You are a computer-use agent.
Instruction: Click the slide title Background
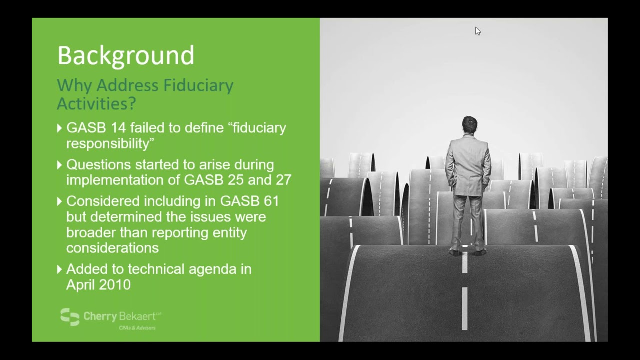125,55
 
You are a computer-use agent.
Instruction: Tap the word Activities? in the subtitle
96,103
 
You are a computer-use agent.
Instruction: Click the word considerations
112,248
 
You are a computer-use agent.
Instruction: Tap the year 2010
115,285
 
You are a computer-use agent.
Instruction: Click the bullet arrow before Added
60,269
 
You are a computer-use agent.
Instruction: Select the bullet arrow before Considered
60,201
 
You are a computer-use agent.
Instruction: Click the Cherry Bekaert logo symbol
70,317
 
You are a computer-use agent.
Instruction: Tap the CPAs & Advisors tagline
137,328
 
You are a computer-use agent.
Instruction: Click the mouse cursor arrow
477,31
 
